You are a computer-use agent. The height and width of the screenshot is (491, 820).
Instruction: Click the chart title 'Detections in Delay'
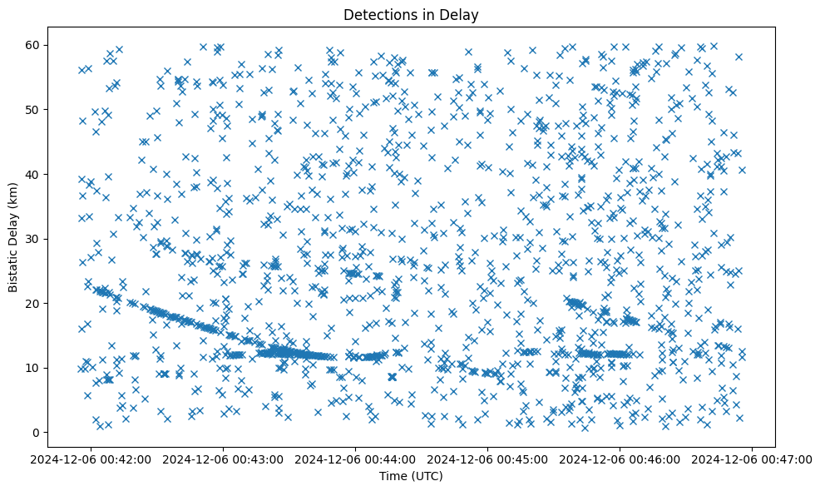pyautogui.click(x=411, y=14)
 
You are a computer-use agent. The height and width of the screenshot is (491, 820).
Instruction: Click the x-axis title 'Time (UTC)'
pyautogui.click(x=411, y=476)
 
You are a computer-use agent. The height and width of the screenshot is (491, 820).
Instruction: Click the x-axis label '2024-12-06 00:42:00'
pyautogui.click(x=91, y=459)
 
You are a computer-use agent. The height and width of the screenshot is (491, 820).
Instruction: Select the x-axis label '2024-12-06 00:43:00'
pyautogui.click(x=223, y=459)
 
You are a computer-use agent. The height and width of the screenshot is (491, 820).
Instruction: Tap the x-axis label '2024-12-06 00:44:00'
pyautogui.click(x=356, y=459)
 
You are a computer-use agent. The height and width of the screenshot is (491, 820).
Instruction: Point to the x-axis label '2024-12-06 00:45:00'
pyautogui.click(x=488, y=459)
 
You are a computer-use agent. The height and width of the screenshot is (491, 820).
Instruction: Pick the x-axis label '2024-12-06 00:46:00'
pyautogui.click(x=620, y=459)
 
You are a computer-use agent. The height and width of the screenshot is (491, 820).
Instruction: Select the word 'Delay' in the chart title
pyautogui.click(x=462, y=14)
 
